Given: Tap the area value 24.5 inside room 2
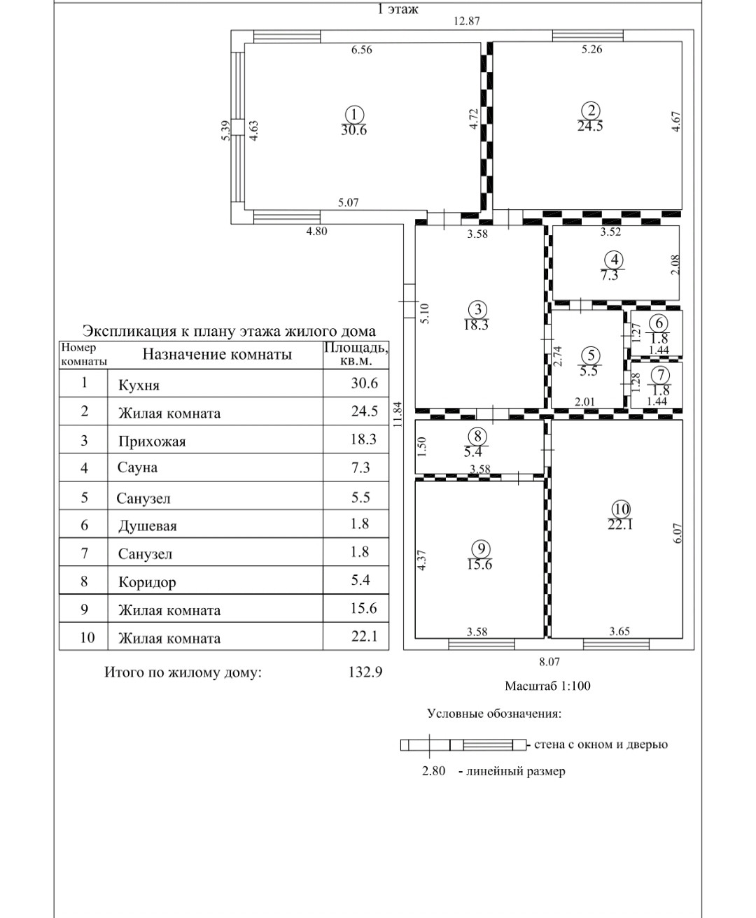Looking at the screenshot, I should point(590,127).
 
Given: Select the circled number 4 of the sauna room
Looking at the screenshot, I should point(614,260).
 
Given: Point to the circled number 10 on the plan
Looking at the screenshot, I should point(621,509).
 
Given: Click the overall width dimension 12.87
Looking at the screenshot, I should point(466,21).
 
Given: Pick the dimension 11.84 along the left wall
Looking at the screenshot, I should point(398,414).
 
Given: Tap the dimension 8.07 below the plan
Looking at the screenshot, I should point(549,662).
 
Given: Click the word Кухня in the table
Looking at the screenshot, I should point(139,385).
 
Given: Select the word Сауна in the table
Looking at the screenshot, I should point(137,467).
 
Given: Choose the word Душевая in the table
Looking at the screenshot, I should point(147,525).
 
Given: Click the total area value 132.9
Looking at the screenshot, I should point(365,672).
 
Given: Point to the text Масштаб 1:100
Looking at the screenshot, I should point(547,686).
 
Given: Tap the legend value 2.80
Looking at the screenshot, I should point(433,771).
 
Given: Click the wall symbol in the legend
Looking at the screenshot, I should point(463,744).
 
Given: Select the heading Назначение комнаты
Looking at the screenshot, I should point(217,354).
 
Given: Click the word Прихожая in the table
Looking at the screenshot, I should point(152,442).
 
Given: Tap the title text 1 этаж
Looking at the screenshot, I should point(398,9).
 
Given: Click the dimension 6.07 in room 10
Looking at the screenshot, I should point(676,533).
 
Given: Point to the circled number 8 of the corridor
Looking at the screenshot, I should point(477,435).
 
